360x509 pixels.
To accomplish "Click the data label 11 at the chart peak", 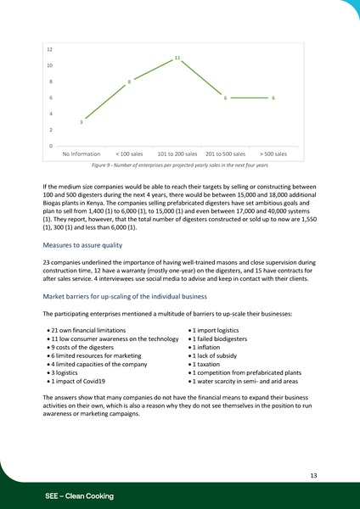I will coord(177,58).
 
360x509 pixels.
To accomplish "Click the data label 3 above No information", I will coord(81,123).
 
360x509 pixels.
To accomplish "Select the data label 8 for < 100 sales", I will coord(129,81).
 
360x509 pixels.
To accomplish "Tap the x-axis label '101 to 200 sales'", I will coord(177,154).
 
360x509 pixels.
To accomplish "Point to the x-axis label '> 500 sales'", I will coord(273,154).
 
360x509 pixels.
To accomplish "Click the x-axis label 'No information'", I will coord(82,154).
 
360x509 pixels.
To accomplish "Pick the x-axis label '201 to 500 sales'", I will coord(225,154).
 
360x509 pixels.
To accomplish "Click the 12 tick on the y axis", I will coord(51,49).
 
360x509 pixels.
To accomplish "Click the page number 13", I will coord(313,476).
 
